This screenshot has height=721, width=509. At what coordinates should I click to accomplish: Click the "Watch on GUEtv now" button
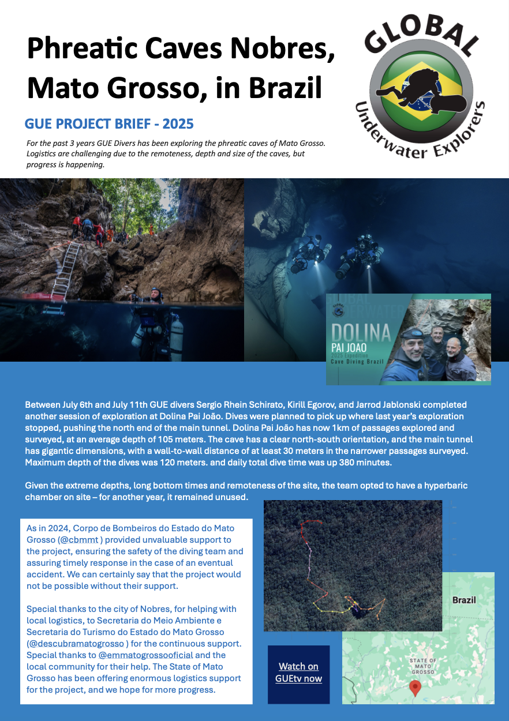click(298, 673)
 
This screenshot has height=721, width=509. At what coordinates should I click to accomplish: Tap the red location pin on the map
click(414, 687)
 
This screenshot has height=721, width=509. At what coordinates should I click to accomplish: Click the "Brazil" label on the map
click(464, 600)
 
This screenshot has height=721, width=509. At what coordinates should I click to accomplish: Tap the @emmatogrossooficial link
click(147, 655)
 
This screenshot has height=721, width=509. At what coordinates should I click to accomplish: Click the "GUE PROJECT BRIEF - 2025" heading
click(109, 124)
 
